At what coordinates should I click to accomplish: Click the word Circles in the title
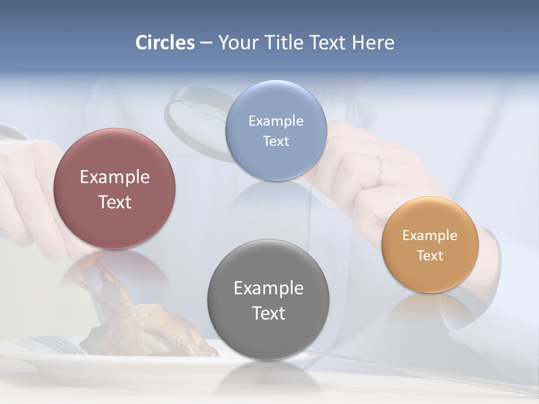pyautogui.click(x=165, y=43)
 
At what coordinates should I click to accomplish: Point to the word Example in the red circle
pyautogui.click(x=115, y=177)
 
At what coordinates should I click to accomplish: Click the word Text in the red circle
pyautogui.click(x=115, y=202)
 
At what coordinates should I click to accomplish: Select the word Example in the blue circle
pyautogui.click(x=276, y=121)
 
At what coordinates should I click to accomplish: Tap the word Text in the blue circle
pyautogui.click(x=276, y=141)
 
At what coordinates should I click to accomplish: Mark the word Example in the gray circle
pyautogui.click(x=268, y=288)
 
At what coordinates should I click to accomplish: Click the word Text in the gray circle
pyautogui.click(x=268, y=313)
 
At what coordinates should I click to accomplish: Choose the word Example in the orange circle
pyautogui.click(x=430, y=235)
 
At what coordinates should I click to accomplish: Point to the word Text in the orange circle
pyautogui.click(x=430, y=255)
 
